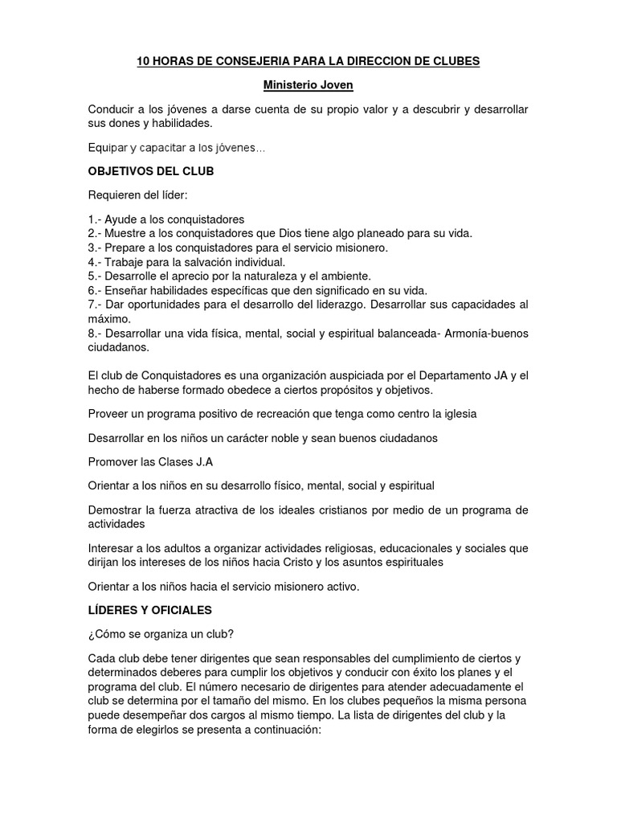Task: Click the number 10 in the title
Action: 144,61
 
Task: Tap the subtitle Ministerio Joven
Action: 308,84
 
